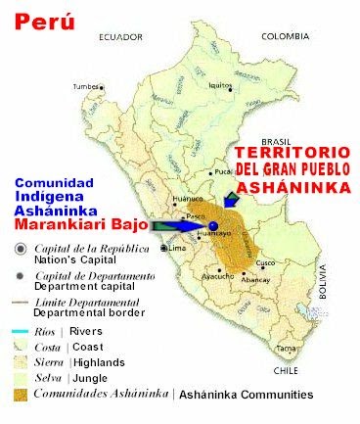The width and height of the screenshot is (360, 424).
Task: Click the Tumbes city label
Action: tap(86, 87)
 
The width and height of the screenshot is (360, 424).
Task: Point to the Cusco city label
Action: tap(266, 264)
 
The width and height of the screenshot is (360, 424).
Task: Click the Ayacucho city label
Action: tap(216, 277)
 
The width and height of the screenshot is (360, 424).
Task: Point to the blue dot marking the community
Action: tap(212, 225)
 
